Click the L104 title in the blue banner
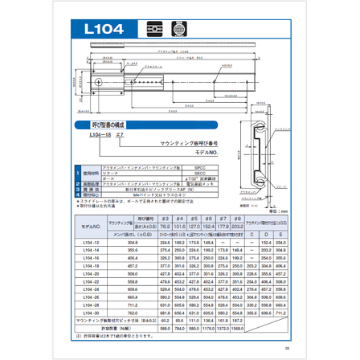(x=104, y=28)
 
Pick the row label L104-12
(x=90, y=241)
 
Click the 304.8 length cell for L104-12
(x=132, y=241)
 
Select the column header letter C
(x=250, y=234)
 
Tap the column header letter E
(x=280, y=234)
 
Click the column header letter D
(x=265, y=234)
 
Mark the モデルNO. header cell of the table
(x=91, y=226)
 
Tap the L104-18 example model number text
(x=100, y=137)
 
